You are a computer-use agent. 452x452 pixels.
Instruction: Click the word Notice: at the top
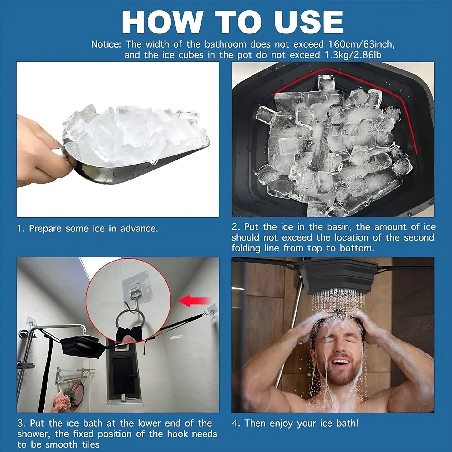(106, 44)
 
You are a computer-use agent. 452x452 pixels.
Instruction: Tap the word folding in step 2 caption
(246, 248)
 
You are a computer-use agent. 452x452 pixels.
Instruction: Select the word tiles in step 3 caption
(89, 444)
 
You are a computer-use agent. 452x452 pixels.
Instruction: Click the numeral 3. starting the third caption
(22, 423)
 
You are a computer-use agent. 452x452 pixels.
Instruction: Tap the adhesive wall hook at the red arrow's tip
(212, 309)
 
